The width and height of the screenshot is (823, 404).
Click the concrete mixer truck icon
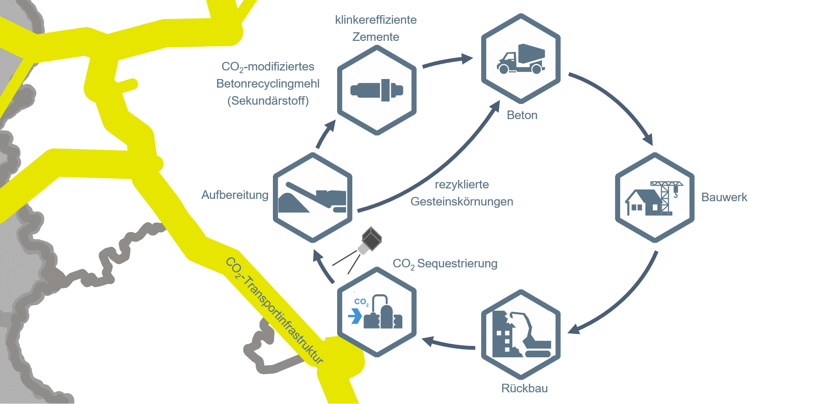[x=521, y=59]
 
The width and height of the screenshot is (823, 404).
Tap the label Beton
[x=522, y=115]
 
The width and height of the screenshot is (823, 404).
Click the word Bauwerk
[x=724, y=197]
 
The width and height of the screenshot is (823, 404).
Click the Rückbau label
[x=524, y=388]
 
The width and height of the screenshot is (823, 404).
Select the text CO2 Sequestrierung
[x=445, y=263]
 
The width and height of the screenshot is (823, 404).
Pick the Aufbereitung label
[x=235, y=195]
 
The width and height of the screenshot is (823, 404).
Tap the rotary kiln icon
[x=376, y=90]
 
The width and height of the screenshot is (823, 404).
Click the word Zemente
[x=376, y=37]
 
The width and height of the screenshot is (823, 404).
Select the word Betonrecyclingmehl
[x=268, y=84]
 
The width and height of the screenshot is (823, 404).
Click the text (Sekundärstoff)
[x=268, y=101]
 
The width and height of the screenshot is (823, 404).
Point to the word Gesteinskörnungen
[x=462, y=202]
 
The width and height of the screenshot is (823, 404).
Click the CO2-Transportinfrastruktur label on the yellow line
[x=274, y=310]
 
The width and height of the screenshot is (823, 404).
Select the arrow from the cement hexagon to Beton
[x=448, y=61]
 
